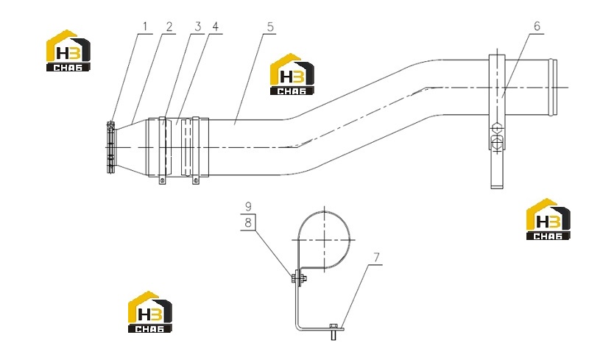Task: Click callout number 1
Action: (145, 27)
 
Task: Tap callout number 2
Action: (169, 27)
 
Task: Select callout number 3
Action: (198, 27)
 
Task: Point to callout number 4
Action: (215, 27)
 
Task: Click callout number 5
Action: (270, 27)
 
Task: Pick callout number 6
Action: (537, 27)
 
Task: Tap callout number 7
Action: (376, 258)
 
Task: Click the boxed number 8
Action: (248, 222)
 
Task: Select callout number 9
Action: (248, 206)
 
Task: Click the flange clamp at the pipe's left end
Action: (110, 147)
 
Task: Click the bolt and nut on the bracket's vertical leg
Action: (299, 278)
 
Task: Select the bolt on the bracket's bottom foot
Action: (334, 331)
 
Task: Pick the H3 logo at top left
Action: (68, 50)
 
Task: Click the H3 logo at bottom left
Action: (150, 312)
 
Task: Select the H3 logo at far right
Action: (548, 219)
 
